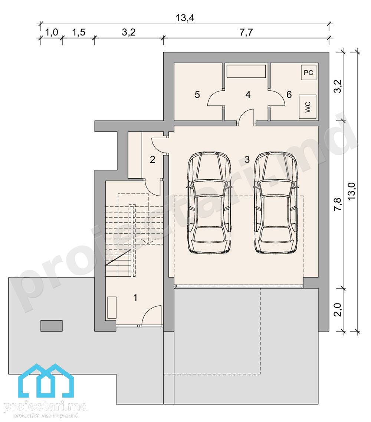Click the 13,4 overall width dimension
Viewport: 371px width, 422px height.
click(x=185, y=18)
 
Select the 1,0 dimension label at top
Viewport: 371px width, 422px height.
click(x=52, y=32)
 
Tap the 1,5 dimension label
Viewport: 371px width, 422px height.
click(x=79, y=32)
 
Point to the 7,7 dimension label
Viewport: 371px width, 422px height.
click(x=246, y=32)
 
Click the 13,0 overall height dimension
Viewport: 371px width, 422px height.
click(x=352, y=191)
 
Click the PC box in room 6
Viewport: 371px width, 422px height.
click(x=309, y=72)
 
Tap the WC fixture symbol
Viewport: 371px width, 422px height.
click(x=308, y=107)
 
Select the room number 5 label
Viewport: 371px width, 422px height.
click(x=197, y=95)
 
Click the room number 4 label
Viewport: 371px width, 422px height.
click(x=248, y=95)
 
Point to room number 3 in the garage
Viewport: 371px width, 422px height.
click(x=247, y=159)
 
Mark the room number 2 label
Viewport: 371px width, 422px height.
click(x=152, y=160)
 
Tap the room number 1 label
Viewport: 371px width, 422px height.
click(x=135, y=298)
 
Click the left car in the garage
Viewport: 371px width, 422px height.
click(x=209, y=202)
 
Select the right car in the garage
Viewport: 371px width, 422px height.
click(x=276, y=202)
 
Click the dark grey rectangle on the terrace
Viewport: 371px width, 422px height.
click(x=52, y=326)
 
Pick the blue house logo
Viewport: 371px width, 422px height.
click(x=46, y=381)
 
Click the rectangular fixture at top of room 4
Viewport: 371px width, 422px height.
click(x=246, y=71)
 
